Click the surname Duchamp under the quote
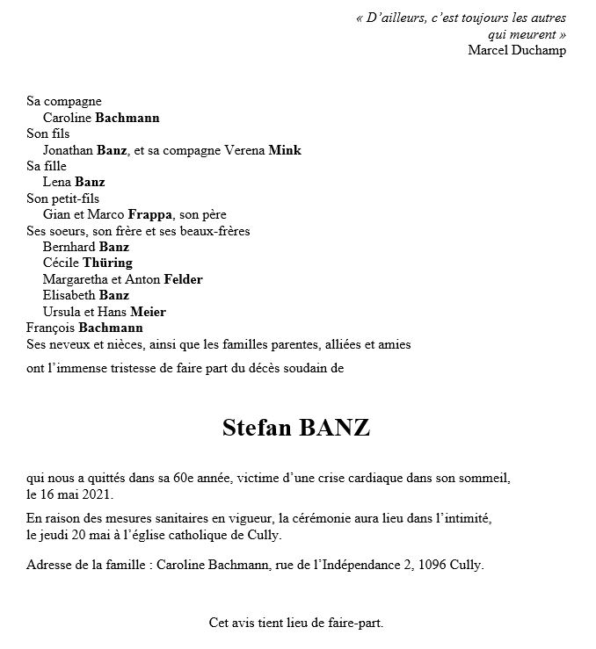pos(539,49)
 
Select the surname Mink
pos(286,150)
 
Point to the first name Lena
pos(56,182)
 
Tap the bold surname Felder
pos(182,279)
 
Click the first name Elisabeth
pos(69,295)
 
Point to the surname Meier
pos(148,312)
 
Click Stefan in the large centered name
pos(257,429)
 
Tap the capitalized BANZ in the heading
pos(335,429)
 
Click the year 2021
pos(97,494)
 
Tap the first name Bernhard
pos(69,247)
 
